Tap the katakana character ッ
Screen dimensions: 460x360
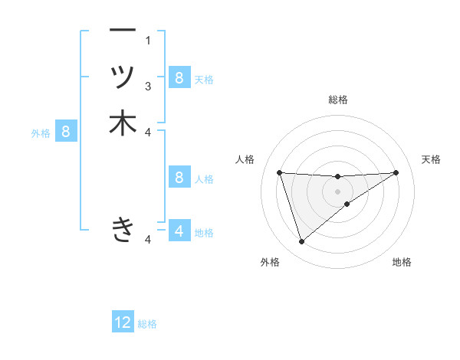(x=123, y=77)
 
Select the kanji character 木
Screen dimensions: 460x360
(x=123, y=123)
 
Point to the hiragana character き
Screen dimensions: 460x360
(x=123, y=229)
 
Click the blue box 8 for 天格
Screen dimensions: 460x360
(x=179, y=77)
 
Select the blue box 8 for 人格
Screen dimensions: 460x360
(x=179, y=178)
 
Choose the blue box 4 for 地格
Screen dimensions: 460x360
(x=179, y=231)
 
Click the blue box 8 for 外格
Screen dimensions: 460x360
(x=66, y=132)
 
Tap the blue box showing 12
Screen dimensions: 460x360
(x=123, y=322)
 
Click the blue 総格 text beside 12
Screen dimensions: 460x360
(x=147, y=324)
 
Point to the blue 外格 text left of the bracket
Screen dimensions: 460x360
(x=41, y=133)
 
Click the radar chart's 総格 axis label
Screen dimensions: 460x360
(x=338, y=100)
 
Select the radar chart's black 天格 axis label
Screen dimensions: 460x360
(x=432, y=159)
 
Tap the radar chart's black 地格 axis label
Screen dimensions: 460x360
(x=402, y=262)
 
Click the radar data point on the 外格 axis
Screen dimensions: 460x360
(x=301, y=242)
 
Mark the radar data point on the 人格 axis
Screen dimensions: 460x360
(x=279, y=172)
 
